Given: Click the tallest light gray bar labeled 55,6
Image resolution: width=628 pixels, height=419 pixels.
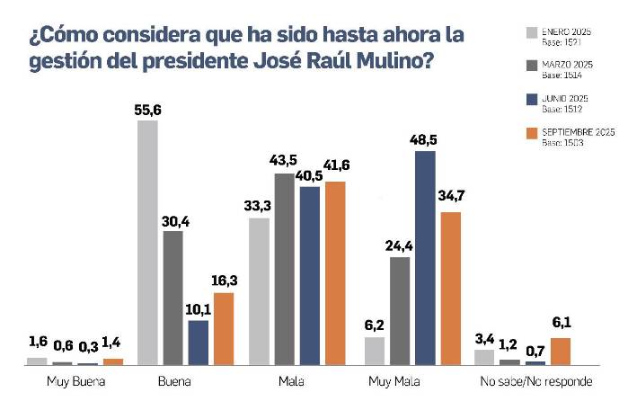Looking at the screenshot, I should coord(147,243).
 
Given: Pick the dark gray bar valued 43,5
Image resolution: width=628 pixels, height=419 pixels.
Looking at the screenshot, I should coord(284,269).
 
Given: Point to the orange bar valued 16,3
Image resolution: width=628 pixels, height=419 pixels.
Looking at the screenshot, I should coord(224,328).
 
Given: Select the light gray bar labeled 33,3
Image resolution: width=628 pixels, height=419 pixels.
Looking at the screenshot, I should coord(259,291).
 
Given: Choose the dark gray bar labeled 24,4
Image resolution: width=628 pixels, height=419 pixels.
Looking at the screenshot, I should coord(400,311).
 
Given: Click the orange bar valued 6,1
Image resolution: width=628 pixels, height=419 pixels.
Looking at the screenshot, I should coord(561,352).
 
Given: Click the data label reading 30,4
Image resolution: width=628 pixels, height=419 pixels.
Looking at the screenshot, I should coord(172,220).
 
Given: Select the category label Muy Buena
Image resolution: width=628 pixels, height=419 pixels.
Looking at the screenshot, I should coord(76,382).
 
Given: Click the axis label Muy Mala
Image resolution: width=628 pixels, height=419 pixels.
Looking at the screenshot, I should coord(396,382).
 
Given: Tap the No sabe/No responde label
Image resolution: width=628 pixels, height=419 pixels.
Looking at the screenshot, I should coord(535,382).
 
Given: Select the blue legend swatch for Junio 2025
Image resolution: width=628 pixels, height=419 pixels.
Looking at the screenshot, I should coord(531,100).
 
